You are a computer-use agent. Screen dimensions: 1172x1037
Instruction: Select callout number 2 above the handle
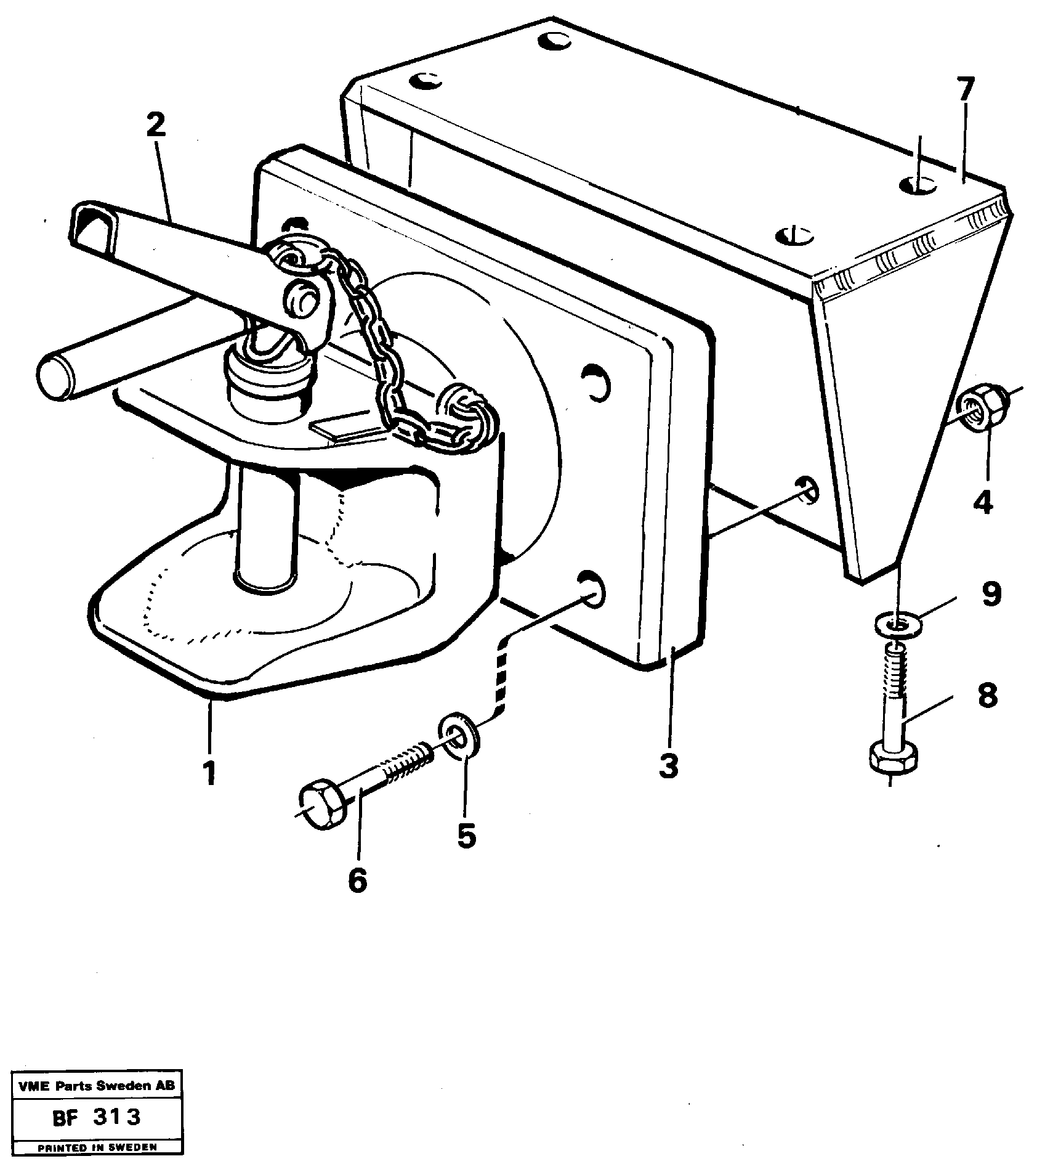tap(156, 126)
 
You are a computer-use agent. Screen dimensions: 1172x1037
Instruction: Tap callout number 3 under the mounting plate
tap(669, 765)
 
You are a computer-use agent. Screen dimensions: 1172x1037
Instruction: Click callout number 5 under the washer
tap(466, 835)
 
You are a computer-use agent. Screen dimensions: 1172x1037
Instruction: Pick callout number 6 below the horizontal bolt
tap(357, 879)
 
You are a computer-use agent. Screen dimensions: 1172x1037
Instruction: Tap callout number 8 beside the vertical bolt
tap(987, 696)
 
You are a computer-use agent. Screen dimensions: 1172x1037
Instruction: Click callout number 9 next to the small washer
tap(991, 595)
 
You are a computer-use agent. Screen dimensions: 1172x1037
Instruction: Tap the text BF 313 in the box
tap(96, 1117)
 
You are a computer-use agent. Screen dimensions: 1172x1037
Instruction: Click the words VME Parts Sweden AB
tap(96, 1086)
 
